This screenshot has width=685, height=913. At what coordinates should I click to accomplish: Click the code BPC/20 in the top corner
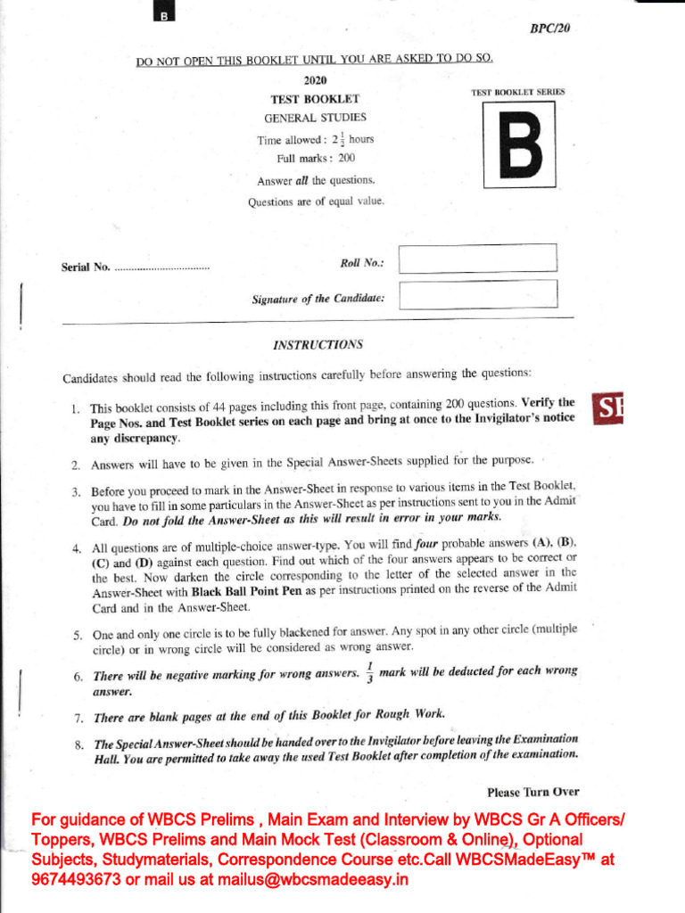coord(549,29)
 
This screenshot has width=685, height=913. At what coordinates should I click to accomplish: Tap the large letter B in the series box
coord(518,144)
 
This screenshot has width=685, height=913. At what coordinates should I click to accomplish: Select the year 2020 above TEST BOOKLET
coord(315,81)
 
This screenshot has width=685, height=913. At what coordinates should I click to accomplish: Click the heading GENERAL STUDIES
coord(315,118)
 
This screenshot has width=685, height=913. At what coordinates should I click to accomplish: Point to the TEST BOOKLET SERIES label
coord(517,92)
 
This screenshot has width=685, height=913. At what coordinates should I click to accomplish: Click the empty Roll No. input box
coord(478,258)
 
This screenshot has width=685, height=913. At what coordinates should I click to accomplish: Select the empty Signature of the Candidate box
coord(478,294)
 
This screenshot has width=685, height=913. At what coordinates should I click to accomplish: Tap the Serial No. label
coord(86,267)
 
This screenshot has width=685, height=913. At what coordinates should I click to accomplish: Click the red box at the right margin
coord(607,409)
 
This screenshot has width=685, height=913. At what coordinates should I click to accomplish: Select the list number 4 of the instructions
coord(77,548)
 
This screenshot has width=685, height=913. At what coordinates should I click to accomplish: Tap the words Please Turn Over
coord(532,792)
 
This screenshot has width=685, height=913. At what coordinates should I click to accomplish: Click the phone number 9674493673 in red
coord(75,879)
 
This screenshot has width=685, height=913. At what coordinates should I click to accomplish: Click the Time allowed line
coord(315,140)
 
